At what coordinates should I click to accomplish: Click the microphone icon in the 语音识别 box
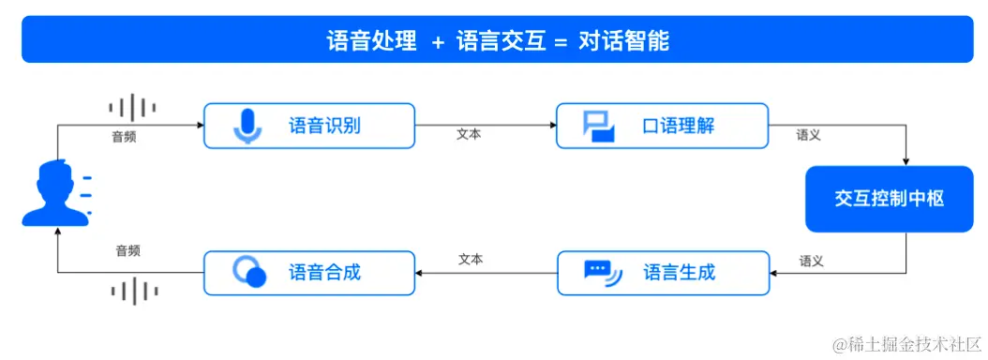(247, 126)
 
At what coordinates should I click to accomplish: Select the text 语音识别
(324, 126)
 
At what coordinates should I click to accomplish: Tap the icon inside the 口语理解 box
(598, 126)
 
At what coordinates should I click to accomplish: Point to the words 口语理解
(679, 126)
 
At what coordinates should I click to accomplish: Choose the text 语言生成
(679, 273)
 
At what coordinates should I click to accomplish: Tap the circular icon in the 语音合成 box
(248, 272)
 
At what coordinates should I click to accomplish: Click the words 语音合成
(324, 273)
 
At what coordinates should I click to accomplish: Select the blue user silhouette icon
(54, 193)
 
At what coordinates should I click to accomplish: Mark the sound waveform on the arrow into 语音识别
(131, 108)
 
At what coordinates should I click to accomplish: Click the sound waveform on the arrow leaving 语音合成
(132, 292)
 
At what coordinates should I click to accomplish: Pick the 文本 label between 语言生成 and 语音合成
(471, 259)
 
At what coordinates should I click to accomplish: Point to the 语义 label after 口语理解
(808, 135)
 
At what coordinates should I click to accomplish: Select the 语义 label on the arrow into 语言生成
(811, 261)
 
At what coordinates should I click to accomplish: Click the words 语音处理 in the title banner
(371, 42)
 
